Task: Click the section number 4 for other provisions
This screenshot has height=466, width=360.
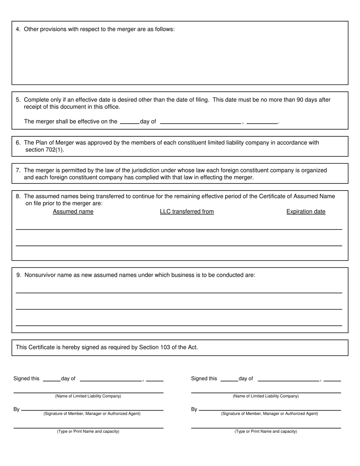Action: (x=18, y=29)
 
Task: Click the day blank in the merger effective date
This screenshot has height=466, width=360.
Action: (x=129, y=122)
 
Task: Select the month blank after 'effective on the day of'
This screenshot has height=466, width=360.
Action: (x=200, y=122)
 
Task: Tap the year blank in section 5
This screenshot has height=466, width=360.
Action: (x=262, y=122)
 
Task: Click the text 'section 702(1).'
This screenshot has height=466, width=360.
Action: (x=45, y=150)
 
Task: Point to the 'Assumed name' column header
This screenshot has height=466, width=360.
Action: (x=73, y=211)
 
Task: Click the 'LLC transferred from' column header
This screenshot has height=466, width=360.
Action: (x=187, y=211)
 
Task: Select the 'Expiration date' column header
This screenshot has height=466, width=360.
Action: (x=306, y=211)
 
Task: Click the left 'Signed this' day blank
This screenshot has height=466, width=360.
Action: (x=52, y=378)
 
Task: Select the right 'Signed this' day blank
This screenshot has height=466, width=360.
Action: (x=229, y=378)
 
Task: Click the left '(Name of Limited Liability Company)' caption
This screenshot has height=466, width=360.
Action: (x=88, y=396)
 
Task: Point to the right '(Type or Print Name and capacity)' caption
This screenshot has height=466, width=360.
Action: (x=266, y=431)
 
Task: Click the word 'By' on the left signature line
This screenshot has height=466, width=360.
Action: (x=17, y=409)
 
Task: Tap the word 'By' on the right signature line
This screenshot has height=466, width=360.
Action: (x=194, y=409)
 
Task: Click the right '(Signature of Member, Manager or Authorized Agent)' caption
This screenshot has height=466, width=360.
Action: (x=269, y=414)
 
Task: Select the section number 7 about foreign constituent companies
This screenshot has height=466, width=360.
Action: (x=18, y=170)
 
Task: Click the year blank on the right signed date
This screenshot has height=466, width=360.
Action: (x=332, y=378)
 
